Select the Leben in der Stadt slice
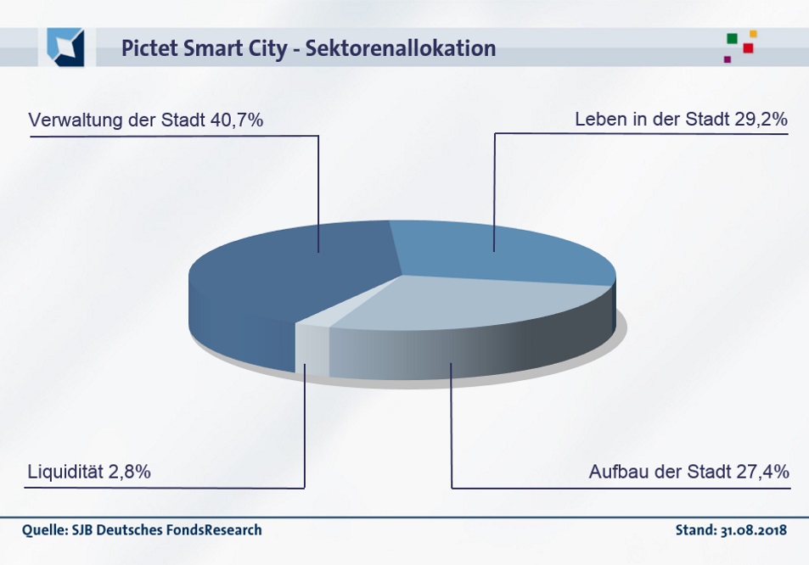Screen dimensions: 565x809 click(x=501, y=250)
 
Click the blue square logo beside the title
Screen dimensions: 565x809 click(x=65, y=47)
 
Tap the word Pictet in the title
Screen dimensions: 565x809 click(x=148, y=48)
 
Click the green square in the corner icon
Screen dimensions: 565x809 click(x=732, y=38)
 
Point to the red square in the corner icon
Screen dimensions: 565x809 click(x=748, y=48)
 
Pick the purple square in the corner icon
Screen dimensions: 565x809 click(x=728, y=59)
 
